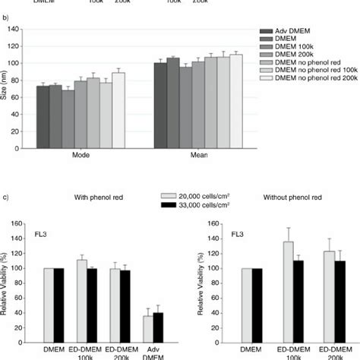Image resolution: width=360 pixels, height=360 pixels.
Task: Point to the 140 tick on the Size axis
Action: click(x=17, y=29)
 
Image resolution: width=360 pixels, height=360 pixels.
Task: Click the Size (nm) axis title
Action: click(x=5, y=86)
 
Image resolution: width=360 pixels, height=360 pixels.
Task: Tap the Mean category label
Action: click(x=197, y=154)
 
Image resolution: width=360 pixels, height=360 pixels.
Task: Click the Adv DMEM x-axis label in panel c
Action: click(x=153, y=355)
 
